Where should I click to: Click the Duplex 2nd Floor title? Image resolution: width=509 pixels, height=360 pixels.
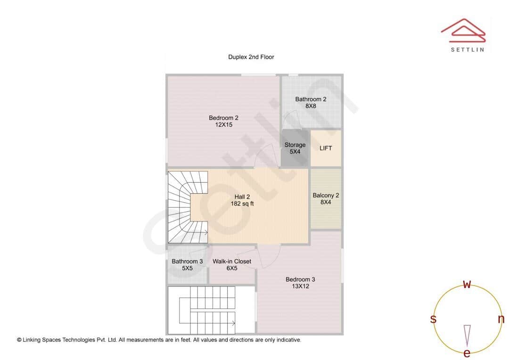point(251,57)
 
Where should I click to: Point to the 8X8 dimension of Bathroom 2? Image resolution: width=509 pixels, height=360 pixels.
point(311,106)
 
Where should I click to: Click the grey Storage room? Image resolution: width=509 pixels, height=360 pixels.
point(295,148)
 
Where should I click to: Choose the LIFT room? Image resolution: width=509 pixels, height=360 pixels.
point(326,148)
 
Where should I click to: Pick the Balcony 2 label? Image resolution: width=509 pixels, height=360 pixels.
point(326,195)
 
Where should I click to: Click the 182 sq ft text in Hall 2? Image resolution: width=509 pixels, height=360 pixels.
point(242,204)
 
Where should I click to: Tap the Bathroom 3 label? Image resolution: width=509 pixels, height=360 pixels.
point(187,262)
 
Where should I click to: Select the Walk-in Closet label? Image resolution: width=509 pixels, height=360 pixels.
point(232,262)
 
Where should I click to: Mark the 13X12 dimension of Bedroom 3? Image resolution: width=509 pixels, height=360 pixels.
point(300,286)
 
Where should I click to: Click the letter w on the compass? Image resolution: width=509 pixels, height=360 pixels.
point(467,284)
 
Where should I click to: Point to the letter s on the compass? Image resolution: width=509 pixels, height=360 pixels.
point(433,319)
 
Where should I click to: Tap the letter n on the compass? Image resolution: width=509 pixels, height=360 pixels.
point(501,319)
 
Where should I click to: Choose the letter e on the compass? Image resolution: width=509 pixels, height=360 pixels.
point(467,353)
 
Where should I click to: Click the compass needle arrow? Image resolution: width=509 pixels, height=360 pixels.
point(467,335)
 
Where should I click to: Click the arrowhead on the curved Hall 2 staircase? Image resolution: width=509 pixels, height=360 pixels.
point(205,232)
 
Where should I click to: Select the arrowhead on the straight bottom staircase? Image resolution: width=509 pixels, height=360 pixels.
point(233,323)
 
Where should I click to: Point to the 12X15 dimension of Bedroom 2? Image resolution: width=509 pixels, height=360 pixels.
point(223,125)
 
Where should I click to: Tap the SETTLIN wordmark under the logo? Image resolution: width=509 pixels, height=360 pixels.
point(467,49)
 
